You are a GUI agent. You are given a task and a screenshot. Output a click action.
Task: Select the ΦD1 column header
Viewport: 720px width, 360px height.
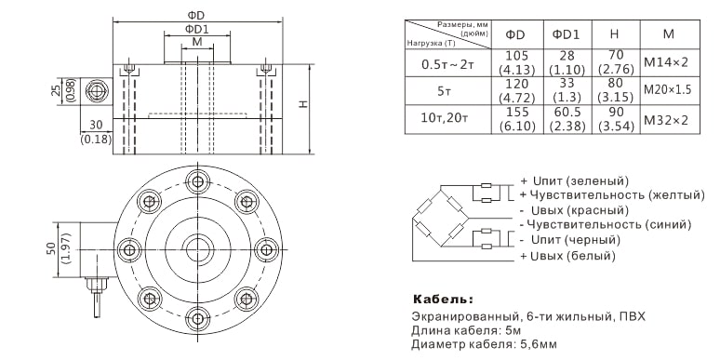(566, 34)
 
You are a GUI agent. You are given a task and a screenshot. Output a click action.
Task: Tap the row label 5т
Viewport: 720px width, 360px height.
(444, 91)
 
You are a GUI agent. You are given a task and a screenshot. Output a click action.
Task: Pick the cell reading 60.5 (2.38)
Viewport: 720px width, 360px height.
(567, 119)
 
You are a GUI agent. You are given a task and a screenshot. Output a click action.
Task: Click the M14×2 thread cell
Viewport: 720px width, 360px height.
(666, 62)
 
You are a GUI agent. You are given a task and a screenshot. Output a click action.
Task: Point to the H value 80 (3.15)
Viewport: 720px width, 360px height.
(615, 90)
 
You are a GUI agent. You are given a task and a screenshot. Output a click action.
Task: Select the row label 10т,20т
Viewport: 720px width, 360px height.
(445, 119)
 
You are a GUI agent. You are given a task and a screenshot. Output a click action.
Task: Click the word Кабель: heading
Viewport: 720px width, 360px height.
(443, 300)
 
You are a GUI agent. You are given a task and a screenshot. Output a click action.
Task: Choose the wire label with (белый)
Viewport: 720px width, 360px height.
(567, 256)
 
